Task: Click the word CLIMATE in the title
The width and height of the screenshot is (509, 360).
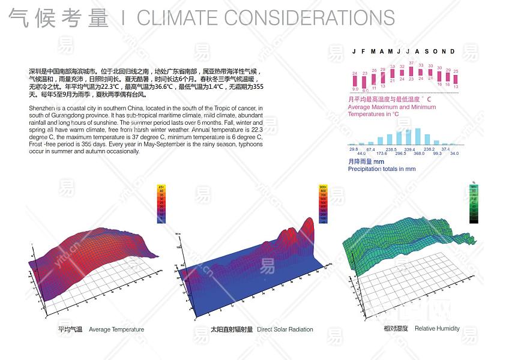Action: click(183, 18)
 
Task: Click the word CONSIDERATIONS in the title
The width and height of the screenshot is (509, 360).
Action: click(313, 18)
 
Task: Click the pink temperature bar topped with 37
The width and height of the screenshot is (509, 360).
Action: click(411, 73)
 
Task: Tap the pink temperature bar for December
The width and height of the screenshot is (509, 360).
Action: click(456, 79)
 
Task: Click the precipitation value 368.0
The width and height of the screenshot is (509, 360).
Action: click(418, 153)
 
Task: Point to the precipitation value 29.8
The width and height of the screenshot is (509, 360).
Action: click(354, 149)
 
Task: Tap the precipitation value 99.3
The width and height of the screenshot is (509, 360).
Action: click(437, 153)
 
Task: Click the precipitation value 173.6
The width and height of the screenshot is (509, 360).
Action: click(382, 153)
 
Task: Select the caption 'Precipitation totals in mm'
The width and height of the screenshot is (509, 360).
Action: click(382, 169)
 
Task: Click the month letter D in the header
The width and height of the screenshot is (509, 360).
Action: click(453, 52)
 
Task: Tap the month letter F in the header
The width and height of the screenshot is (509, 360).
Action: click(363, 52)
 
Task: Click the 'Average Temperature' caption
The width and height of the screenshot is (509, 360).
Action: click(116, 329)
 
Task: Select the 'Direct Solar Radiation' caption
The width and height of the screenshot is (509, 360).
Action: click(285, 329)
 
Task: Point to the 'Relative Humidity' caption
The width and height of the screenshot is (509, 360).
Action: click(437, 328)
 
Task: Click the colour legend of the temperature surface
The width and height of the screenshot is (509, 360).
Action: click(161, 204)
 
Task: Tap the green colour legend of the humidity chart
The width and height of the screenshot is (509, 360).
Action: click(474, 204)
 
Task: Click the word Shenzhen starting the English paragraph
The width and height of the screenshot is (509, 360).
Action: click(41, 108)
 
